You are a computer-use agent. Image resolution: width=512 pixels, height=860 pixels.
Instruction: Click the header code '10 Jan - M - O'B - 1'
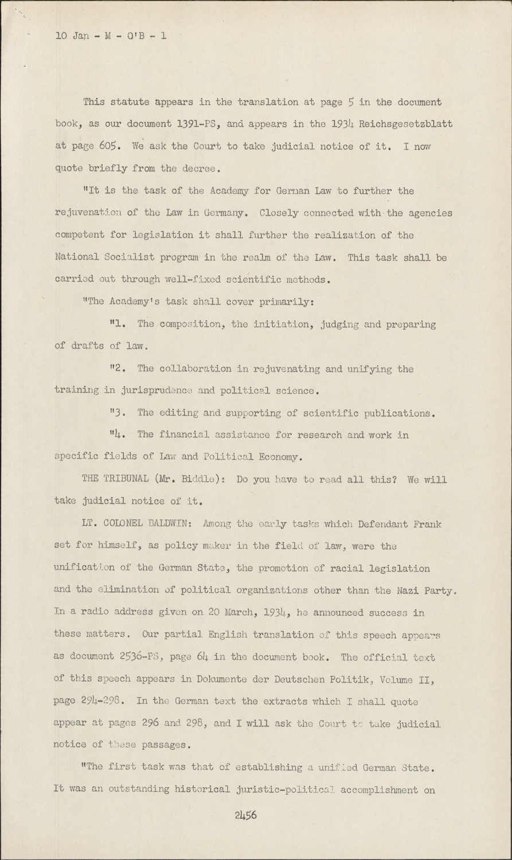click(x=111, y=36)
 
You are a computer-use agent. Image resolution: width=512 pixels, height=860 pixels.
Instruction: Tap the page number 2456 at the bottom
click(x=245, y=815)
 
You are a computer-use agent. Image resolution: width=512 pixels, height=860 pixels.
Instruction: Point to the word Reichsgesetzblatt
click(x=405, y=124)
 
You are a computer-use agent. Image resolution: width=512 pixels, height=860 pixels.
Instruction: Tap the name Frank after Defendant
click(x=428, y=524)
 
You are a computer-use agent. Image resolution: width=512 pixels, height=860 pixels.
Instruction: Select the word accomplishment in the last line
click(x=388, y=789)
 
